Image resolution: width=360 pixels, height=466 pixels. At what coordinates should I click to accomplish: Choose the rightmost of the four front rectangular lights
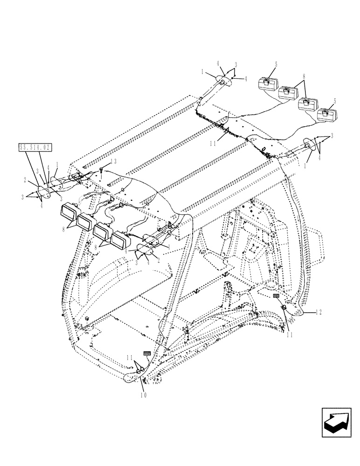click(x=120, y=241)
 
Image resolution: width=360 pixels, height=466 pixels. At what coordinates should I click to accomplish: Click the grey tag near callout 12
click(x=276, y=295)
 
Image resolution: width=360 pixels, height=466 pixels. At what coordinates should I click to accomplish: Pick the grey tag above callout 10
click(x=146, y=354)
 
